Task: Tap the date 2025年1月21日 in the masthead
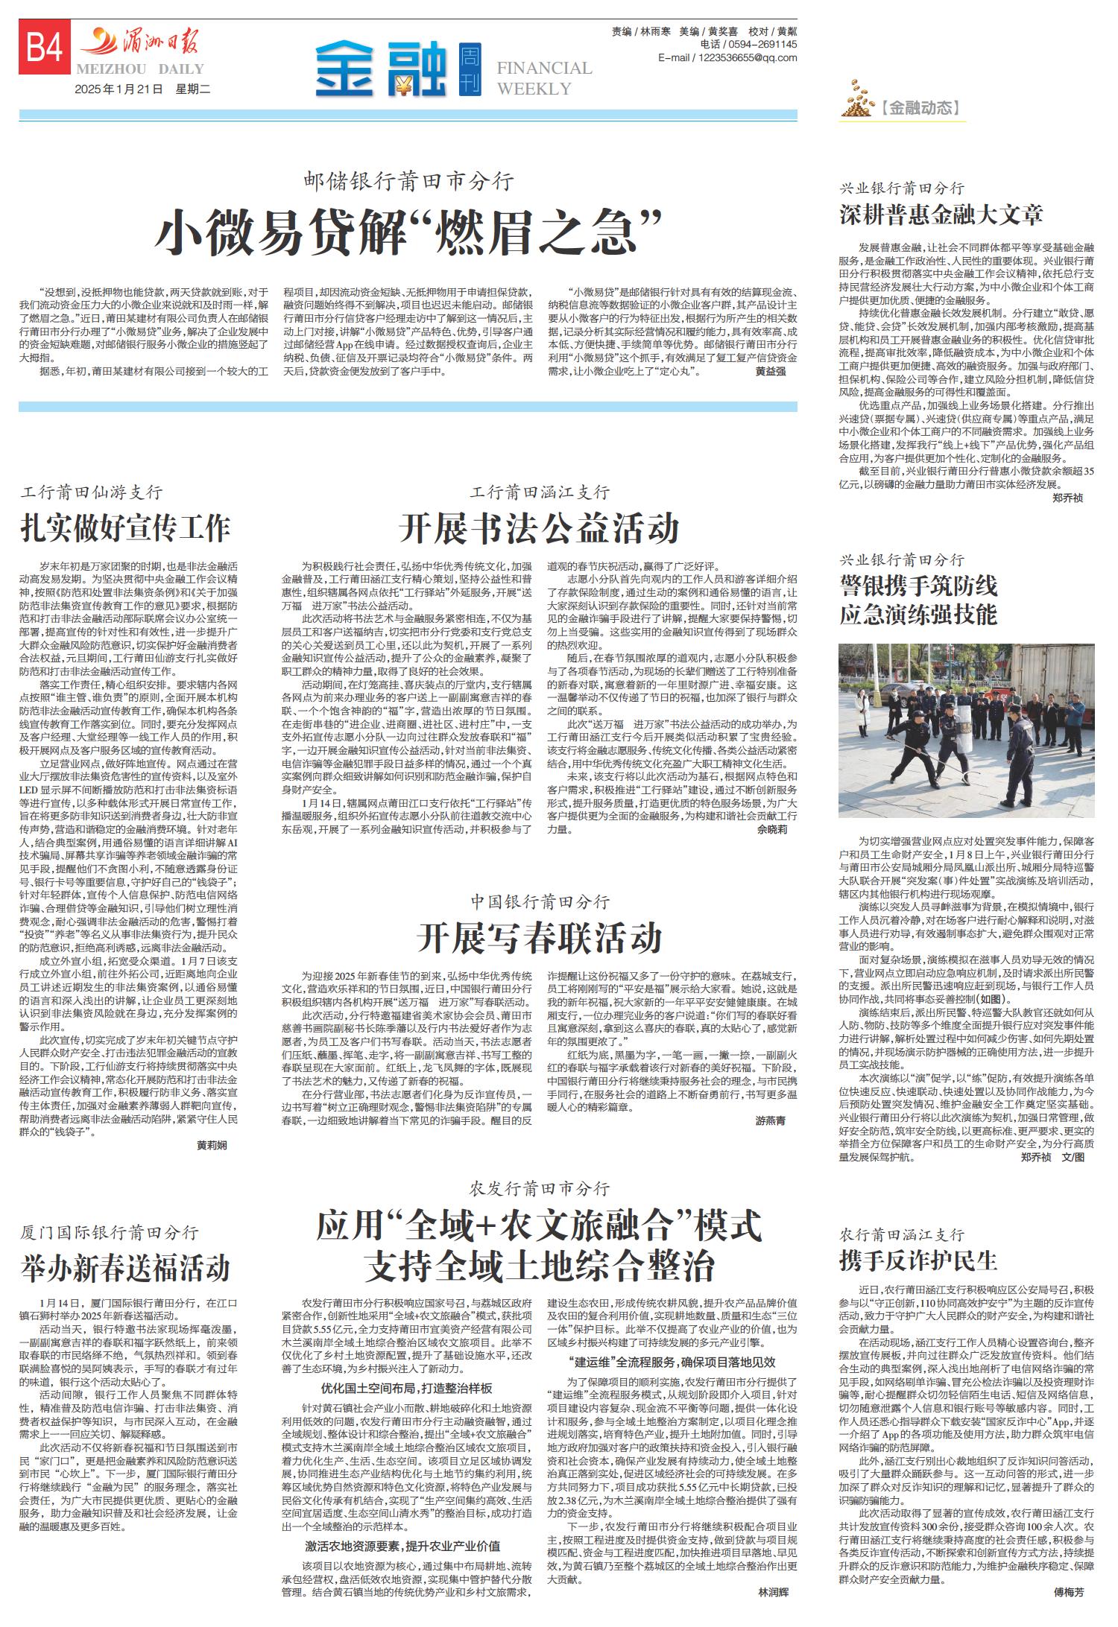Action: tap(119, 89)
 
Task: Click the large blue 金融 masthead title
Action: tap(379, 69)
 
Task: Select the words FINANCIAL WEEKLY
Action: tap(544, 78)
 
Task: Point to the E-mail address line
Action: tap(727, 58)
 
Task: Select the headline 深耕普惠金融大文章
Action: tap(941, 215)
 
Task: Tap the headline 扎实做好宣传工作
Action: tap(125, 527)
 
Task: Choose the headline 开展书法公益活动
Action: tap(539, 528)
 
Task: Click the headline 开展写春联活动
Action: tap(539, 937)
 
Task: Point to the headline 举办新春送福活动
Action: tap(125, 1267)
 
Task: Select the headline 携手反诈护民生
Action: tap(918, 1260)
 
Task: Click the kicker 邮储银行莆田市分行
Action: tap(408, 180)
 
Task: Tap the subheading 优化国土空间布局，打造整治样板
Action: tap(407, 1389)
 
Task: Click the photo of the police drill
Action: tap(966, 731)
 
